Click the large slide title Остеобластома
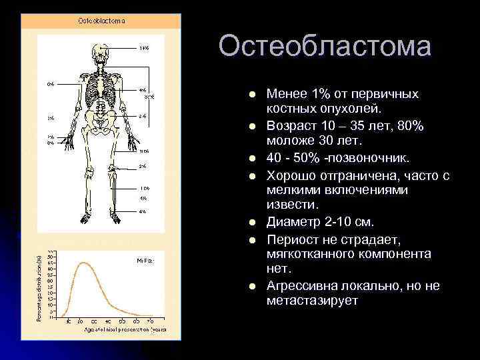325,47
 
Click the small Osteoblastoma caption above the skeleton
101,21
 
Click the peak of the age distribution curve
83,263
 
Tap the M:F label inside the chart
144,260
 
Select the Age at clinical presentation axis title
110,328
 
